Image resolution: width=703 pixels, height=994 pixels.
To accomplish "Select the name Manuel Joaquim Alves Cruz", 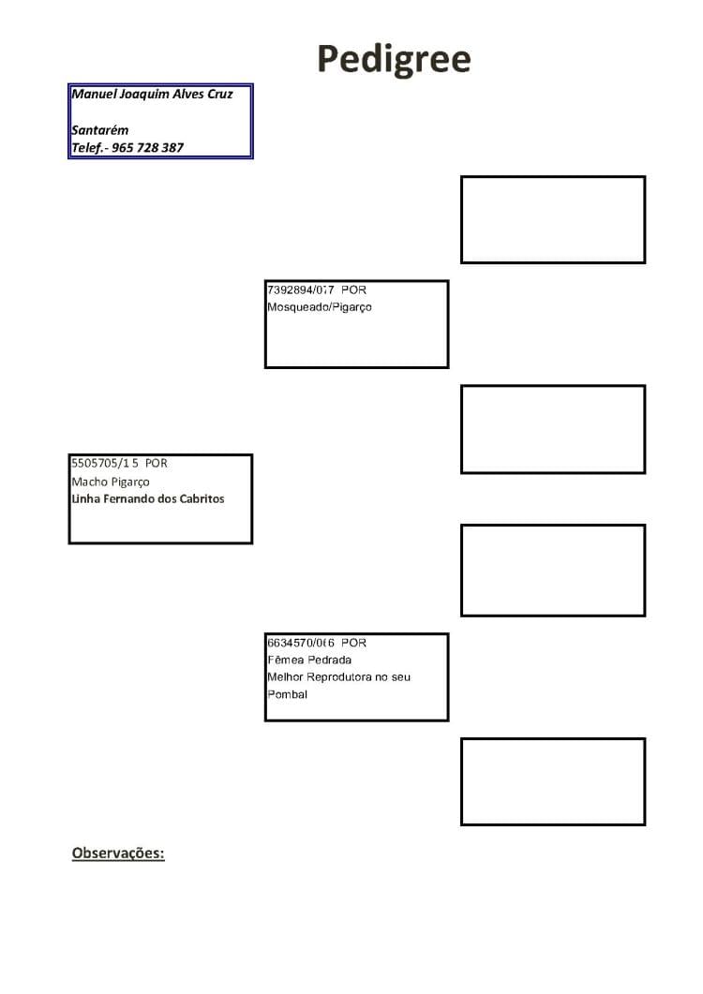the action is (152, 94).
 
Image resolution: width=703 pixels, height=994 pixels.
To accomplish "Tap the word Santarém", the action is (99, 130).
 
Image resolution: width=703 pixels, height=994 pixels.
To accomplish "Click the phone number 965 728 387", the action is (147, 148).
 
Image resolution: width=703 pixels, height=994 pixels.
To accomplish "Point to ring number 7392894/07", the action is (301, 289).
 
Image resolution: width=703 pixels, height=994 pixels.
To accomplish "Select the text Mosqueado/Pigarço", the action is (319, 307).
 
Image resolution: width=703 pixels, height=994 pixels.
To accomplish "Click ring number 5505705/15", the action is (105, 464).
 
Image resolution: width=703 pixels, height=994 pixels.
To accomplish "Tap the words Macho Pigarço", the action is (111, 482).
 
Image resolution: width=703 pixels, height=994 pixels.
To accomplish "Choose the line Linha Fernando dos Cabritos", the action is (148, 499).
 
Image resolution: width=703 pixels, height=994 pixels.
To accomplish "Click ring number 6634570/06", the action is (301, 643).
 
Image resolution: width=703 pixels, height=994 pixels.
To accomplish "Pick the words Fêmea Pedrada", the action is (309, 660).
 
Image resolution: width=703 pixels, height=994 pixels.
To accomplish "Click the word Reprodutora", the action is (338, 677).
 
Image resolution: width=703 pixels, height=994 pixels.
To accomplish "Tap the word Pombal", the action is (288, 694).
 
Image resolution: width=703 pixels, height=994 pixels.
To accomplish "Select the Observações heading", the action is (118, 853).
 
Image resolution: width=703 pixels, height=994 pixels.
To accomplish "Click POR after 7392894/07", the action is (353, 289).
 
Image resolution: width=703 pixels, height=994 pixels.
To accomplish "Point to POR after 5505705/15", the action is (157, 464).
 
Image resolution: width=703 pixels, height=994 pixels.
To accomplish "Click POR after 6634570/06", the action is (353, 643).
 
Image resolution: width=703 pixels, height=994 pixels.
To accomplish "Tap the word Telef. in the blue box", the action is (87, 148).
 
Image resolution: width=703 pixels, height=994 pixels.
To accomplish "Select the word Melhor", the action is (286, 677).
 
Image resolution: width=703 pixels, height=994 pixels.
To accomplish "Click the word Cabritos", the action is (202, 499).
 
